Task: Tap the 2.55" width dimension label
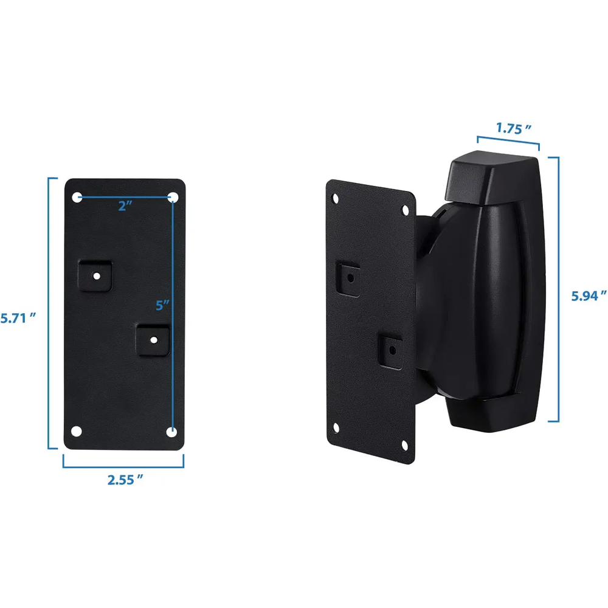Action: (x=125, y=480)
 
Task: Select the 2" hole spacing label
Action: (x=125, y=206)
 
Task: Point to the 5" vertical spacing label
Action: (x=162, y=305)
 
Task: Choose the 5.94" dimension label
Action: (x=589, y=296)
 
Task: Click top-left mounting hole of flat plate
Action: (x=77, y=197)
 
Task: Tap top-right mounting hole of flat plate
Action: (x=173, y=197)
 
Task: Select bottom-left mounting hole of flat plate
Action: (x=76, y=431)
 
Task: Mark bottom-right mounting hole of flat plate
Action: (x=172, y=432)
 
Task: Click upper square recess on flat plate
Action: (x=96, y=275)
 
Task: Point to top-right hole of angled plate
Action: (x=406, y=210)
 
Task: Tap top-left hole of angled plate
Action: (x=335, y=198)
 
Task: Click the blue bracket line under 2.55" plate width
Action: (x=123, y=467)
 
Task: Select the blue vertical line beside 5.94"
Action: (x=558, y=289)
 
